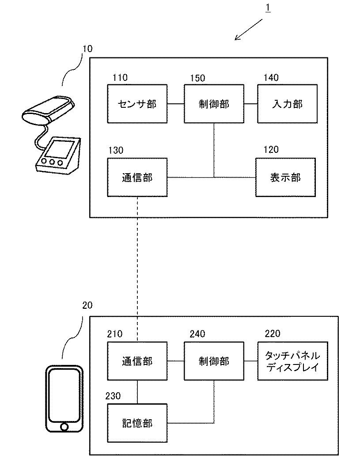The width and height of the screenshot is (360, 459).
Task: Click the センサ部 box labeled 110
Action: click(137, 104)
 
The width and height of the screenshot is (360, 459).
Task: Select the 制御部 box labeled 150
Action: click(214, 104)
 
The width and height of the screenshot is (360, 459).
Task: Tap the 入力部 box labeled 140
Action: click(288, 104)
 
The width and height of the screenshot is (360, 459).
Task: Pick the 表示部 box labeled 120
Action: click(286, 178)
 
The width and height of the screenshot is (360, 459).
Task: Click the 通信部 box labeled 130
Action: click(137, 178)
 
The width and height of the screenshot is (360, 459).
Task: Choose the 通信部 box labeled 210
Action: click(137, 361)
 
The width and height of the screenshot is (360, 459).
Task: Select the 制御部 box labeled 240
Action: click(214, 361)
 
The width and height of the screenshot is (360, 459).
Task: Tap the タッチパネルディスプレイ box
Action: click(293, 361)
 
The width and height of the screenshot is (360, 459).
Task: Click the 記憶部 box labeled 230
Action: click(137, 423)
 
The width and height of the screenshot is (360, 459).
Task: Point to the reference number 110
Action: click(120, 78)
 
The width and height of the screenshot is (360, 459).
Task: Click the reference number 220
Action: click(273, 334)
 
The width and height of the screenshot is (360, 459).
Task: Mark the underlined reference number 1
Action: click(268, 8)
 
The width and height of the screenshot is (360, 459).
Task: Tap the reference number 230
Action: click(113, 396)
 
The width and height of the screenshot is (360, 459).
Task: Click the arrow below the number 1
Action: click(249, 30)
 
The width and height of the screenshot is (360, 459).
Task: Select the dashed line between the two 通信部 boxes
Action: click(137, 269)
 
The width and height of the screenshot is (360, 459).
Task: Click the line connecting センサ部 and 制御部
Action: click(176, 104)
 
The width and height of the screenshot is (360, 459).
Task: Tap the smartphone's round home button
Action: click(64, 426)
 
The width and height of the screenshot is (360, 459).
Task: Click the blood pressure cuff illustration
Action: click(48, 109)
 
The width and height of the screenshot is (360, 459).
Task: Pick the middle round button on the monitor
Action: click(52, 162)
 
